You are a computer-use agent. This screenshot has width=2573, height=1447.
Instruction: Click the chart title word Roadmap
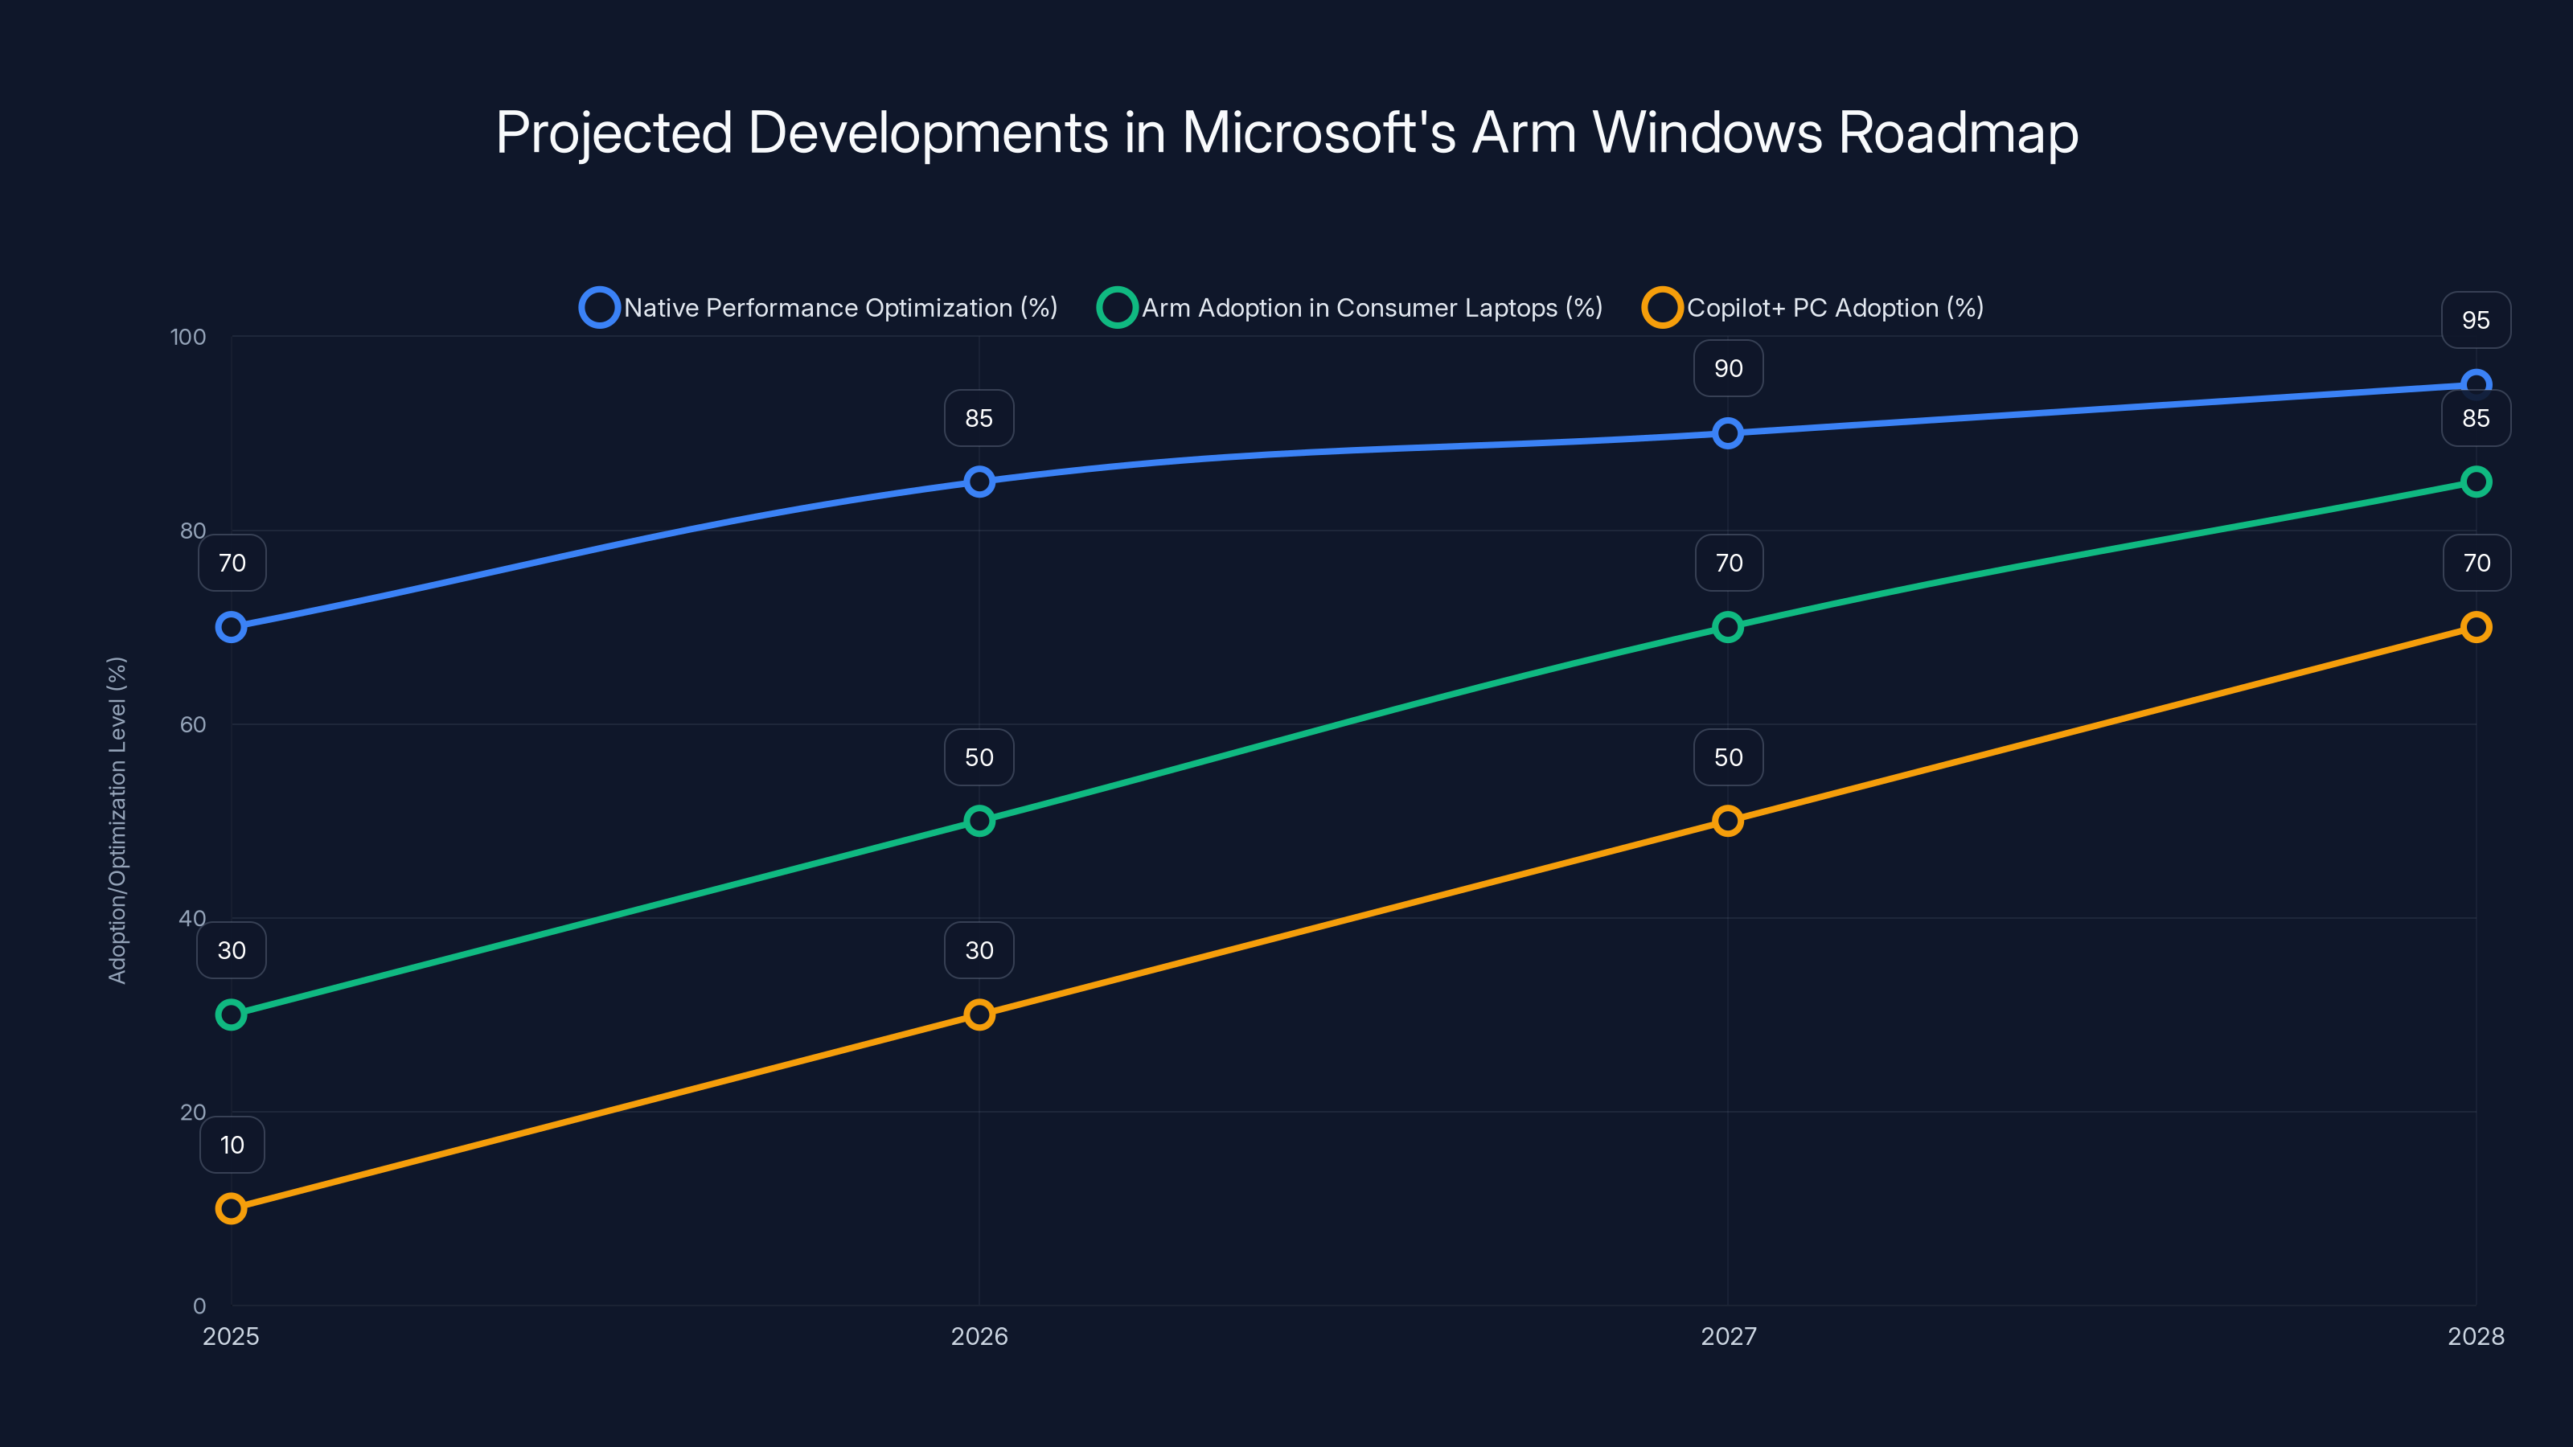[1958, 133]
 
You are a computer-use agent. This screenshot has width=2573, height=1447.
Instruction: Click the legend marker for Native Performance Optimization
[599, 308]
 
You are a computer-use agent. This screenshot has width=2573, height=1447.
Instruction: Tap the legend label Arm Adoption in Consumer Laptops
[1372, 308]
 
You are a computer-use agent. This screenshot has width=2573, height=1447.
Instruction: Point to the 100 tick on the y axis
[188, 337]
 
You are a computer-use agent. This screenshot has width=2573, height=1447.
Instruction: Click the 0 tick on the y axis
[199, 1306]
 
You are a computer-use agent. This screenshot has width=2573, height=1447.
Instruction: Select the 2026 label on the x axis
[979, 1336]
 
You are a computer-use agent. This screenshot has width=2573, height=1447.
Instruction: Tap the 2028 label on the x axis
[2475, 1336]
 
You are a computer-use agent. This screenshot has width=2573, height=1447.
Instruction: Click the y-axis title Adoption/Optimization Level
[117, 820]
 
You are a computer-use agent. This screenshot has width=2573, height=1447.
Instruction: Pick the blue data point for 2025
[231, 627]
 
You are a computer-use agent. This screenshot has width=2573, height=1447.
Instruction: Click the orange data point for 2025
[231, 1208]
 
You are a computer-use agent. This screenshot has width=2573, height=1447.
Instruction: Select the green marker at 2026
[979, 821]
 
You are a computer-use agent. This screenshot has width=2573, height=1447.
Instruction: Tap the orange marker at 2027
[1727, 821]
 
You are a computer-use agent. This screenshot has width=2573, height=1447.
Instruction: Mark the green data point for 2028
[2475, 482]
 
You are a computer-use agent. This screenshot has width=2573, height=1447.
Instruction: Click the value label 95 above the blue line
[2475, 321]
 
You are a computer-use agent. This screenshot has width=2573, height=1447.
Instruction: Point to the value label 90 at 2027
[1728, 368]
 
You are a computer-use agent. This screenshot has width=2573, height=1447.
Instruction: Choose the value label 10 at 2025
[232, 1145]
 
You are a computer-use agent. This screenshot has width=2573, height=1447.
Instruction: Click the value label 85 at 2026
[979, 418]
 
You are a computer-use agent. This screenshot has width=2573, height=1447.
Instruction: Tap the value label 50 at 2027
[1728, 757]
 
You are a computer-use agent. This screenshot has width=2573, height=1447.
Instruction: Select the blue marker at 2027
[1727, 433]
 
